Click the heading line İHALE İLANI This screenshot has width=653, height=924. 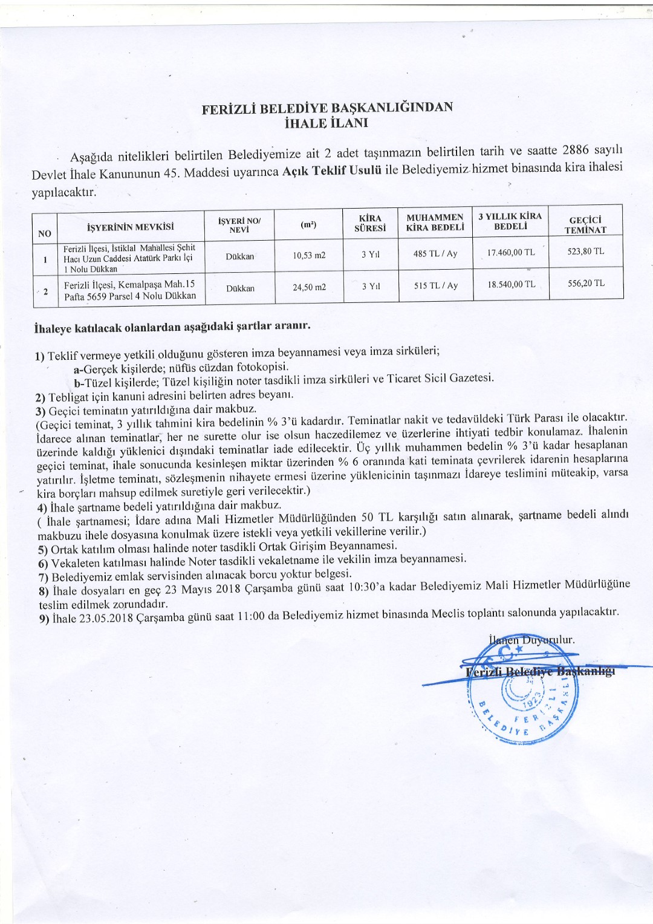coord(326,123)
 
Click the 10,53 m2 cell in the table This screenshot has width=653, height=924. coord(309,255)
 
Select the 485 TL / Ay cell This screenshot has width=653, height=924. coord(435,254)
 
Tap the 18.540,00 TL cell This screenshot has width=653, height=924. coord(512,284)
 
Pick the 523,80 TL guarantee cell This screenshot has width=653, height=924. coord(585,251)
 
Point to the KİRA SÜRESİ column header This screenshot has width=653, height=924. coord(370,223)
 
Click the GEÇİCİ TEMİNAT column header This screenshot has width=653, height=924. coord(585,225)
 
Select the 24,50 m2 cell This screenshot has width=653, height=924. coord(309,287)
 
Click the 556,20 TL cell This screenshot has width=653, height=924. coord(586,283)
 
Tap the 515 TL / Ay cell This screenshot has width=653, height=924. coord(435,285)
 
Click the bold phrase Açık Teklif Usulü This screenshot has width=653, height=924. coord(331,171)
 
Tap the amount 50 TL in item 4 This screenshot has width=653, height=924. coord(375,517)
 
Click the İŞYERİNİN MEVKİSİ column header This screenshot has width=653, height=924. coord(131,227)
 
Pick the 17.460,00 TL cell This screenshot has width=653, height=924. coord(511,252)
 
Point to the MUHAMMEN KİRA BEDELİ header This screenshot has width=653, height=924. coord(435,223)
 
